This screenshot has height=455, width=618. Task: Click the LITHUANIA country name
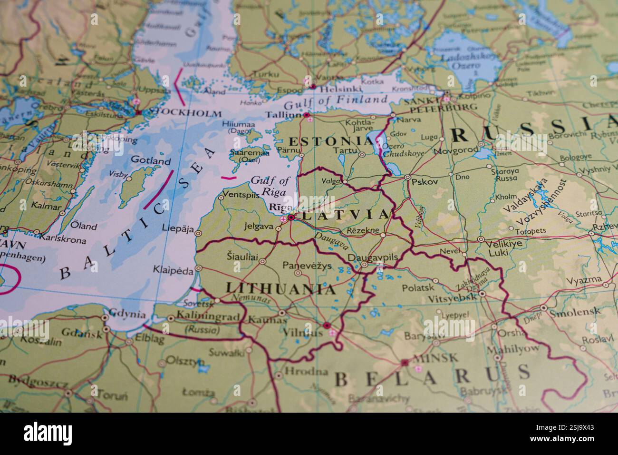coord(280,288)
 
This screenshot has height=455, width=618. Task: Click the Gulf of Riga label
coord(270,186)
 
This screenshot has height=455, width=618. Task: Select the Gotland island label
coord(150,161)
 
